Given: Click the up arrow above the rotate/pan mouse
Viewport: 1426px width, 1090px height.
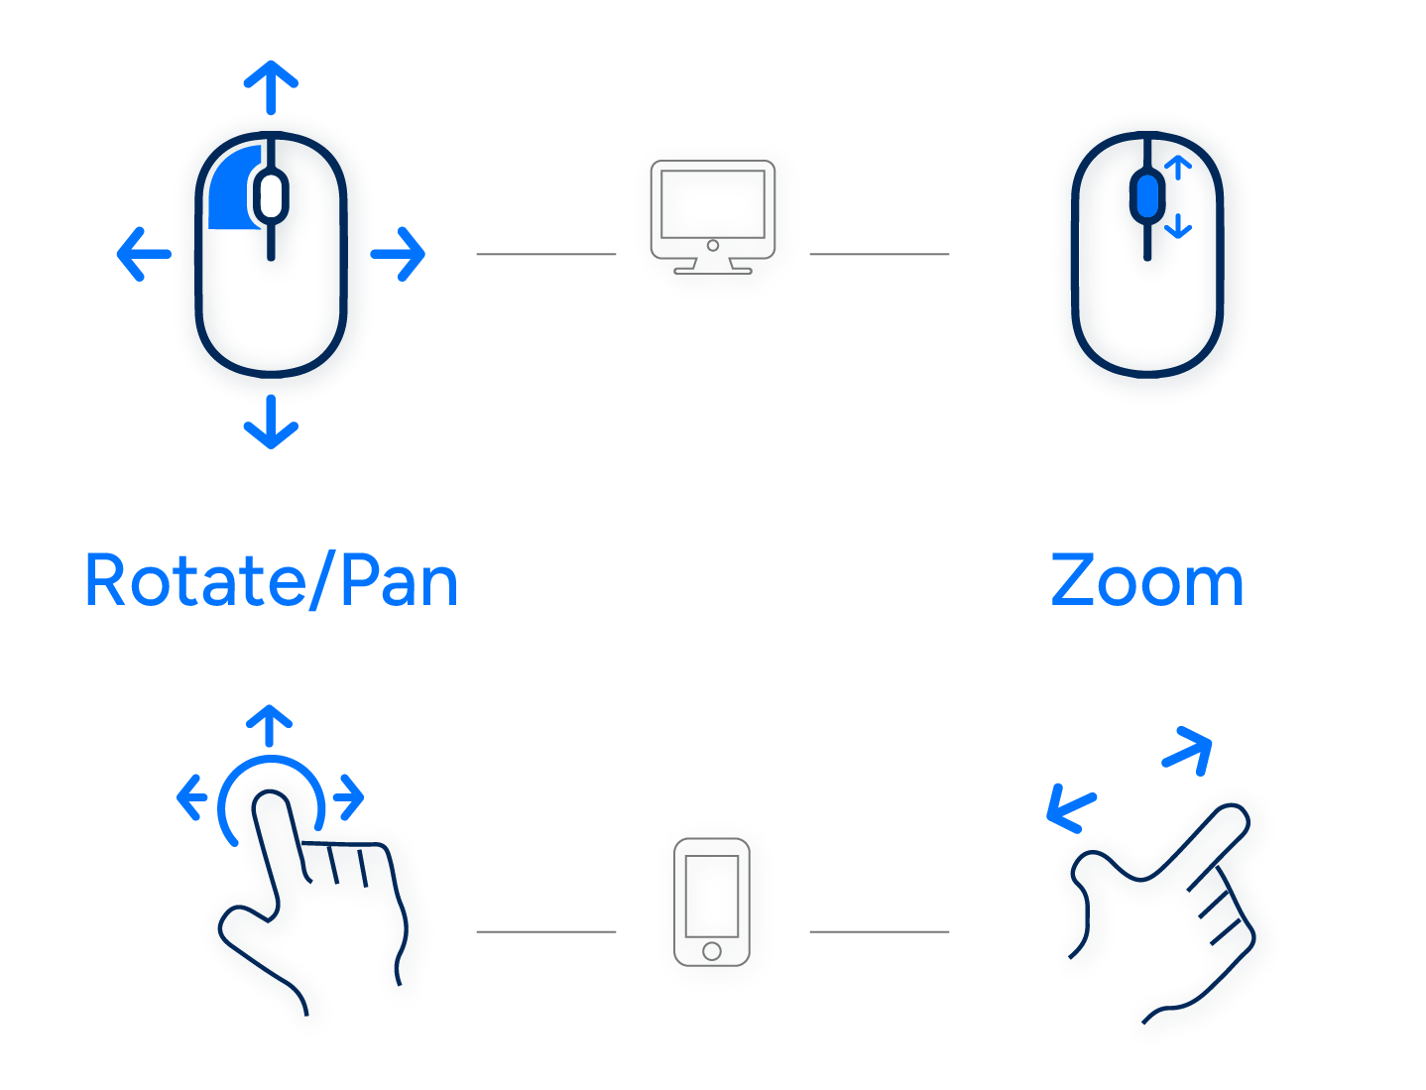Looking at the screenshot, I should pos(271,84).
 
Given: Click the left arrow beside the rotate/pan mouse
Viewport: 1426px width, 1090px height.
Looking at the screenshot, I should pos(142,253).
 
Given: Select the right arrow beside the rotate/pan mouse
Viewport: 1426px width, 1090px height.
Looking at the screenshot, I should pos(400,253).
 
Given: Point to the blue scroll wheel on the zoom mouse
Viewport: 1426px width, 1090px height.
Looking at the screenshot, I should pos(1147,195).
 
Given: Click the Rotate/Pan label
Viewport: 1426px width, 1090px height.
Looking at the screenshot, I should pos(271,581).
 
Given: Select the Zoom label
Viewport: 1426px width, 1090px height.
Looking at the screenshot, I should pos(1146,581).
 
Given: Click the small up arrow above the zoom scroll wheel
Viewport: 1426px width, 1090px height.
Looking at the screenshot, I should pos(1177,169).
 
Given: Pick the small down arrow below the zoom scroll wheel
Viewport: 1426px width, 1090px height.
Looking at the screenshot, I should pos(1177,227).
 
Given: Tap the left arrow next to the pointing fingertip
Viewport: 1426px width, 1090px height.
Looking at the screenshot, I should pos(190,796).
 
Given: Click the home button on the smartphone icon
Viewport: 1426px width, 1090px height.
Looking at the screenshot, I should pos(711,951).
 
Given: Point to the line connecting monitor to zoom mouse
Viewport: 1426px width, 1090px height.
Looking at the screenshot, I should pos(879,254).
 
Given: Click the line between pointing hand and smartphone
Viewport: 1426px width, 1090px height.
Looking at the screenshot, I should pos(545,931).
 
